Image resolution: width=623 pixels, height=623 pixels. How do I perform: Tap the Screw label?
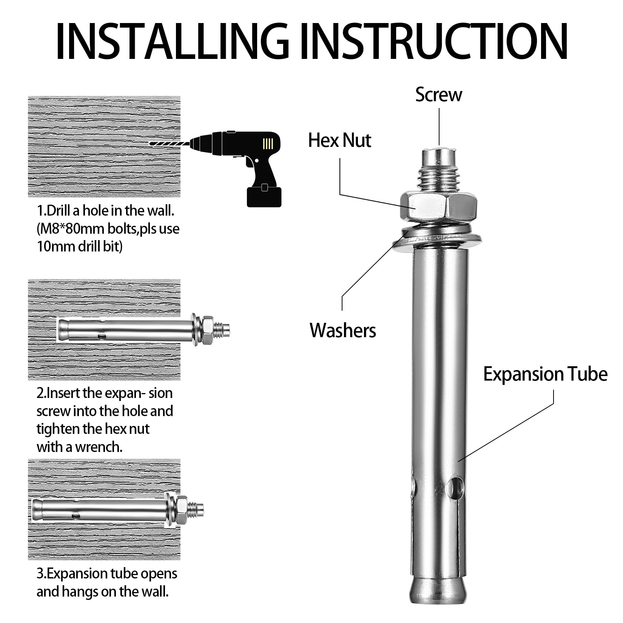(x=438, y=94)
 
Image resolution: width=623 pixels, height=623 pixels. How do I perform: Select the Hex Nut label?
(x=340, y=140)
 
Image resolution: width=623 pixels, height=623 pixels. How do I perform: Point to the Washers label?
(x=343, y=330)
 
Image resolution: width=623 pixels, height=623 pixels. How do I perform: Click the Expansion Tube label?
(x=545, y=375)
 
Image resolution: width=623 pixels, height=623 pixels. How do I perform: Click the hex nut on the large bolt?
(x=439, y=207)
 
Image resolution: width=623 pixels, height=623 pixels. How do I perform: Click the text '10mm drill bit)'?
(x=80, y=247)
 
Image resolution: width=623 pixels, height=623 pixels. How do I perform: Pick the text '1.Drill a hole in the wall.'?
(x=105, y=211)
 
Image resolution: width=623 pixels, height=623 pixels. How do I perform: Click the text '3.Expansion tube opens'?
(x=107, y=574)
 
